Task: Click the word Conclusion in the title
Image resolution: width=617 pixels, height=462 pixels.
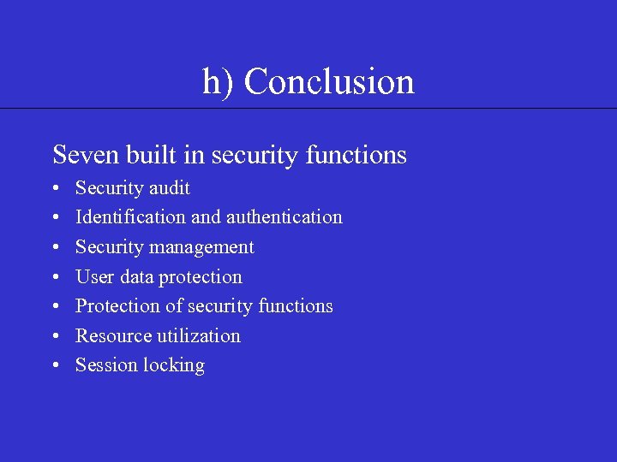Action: click(x=329, y=82)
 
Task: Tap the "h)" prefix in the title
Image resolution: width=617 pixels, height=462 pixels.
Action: click(x=219, y=83)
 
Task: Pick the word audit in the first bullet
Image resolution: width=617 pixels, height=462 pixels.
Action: click(x=170, y=188)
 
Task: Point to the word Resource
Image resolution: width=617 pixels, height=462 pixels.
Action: click(x=113, y=335)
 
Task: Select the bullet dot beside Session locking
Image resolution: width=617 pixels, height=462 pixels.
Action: click(x=55, y=366)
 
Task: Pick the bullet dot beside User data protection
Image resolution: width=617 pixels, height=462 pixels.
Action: click(x=55, y=277)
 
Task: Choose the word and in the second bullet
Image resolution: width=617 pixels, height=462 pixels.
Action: click(x=206, y=217)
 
